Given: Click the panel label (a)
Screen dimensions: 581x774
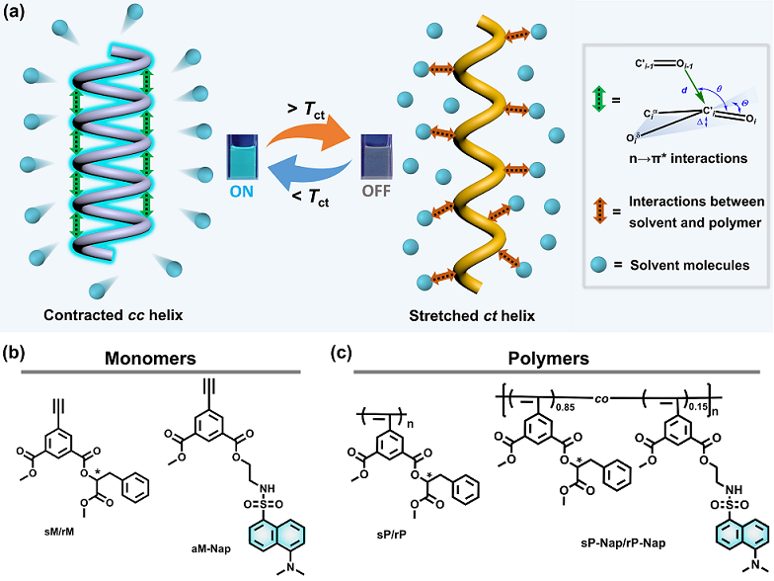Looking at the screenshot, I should [x=20, y=18].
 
